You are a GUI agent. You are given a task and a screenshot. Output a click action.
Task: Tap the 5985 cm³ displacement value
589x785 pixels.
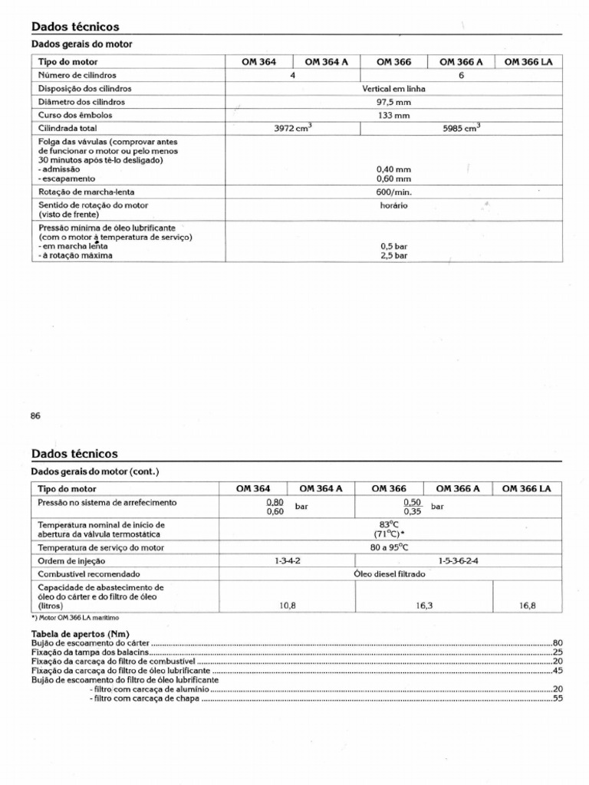[461, 128]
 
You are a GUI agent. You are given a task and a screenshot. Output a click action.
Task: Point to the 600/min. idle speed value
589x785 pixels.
[393, 192]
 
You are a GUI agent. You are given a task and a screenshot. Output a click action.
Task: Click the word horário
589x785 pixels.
[393, 205]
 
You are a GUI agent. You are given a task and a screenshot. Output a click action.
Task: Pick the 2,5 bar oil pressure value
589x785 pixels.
[393, 255]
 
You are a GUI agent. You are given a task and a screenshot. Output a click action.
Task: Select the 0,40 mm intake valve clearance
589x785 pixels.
[393, 169]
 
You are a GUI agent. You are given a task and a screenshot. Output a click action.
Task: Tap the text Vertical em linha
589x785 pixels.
[393, 89]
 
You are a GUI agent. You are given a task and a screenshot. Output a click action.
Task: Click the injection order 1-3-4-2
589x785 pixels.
[288, 560]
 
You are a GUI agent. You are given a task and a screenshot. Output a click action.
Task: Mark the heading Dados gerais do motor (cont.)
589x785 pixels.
[94, 471]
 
